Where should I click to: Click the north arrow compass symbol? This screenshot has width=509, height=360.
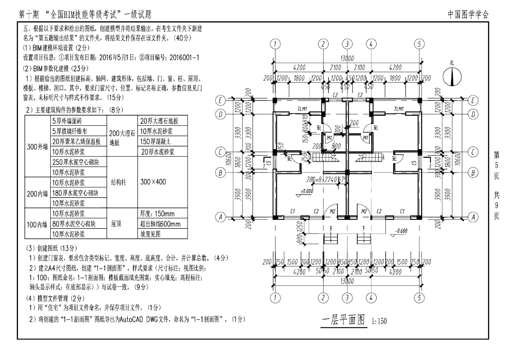pyautogui.click(x=452, y=75)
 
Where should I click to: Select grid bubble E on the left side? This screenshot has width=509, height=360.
pyautogui.click(x=219, y=100)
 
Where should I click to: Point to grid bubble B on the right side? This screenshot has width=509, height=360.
pyautogui.click(x=474, y=173)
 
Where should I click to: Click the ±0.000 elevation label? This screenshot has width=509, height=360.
pyautogui.click(x=306, y=191)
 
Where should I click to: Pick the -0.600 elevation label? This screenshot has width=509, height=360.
pyautogui.click(x=400, y=231)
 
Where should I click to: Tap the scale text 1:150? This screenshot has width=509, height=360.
pyautogui.click(x=379, y=321)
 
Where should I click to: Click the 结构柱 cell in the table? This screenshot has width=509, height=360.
pyautogui.click(x=121, y=182)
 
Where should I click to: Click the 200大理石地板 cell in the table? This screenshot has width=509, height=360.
pyautogui.click(x=121, y=137)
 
